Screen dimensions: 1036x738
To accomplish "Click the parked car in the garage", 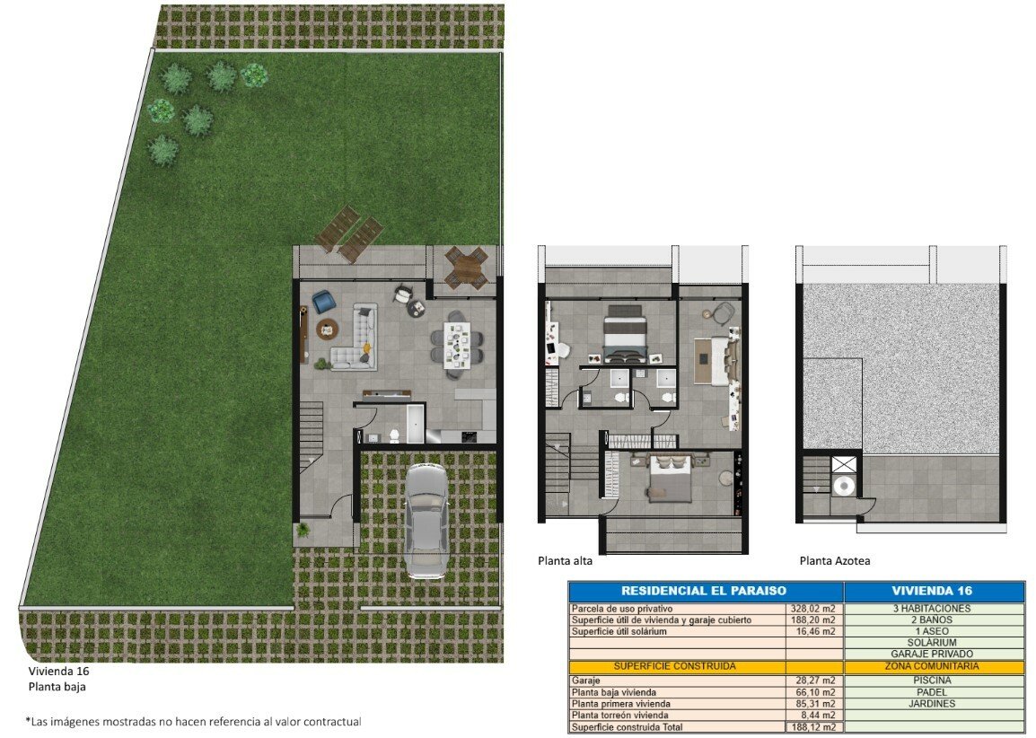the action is (425, 520).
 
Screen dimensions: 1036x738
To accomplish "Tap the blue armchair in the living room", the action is (324, 302).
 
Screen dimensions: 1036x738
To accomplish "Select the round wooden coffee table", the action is (327, 329).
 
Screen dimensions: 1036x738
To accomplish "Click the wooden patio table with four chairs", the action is (466, 267).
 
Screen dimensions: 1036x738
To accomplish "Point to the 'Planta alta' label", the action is (565, 561).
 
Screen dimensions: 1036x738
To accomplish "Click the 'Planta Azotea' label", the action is (835, 561).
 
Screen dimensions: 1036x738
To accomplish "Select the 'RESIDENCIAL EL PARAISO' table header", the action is (704, 591).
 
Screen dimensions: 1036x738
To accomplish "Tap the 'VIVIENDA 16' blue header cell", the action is (932, 591).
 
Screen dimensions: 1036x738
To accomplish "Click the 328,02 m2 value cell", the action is (813, 609).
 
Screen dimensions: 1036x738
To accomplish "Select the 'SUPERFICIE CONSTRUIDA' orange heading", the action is (674, 666).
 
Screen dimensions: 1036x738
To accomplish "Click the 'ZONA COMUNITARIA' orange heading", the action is (932, 666).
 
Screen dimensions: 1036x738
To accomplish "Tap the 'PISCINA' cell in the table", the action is (932, 680).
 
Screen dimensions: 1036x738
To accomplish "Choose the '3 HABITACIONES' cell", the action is (932, 609).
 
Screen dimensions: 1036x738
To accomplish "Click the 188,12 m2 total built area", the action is (813, 726).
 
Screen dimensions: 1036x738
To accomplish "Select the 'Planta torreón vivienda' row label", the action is (619, 715).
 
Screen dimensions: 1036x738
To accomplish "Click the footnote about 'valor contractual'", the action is (194, 722).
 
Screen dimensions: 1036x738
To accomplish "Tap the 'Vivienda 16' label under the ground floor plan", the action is (59, 672).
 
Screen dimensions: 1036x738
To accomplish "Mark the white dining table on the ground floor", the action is (457, 344).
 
